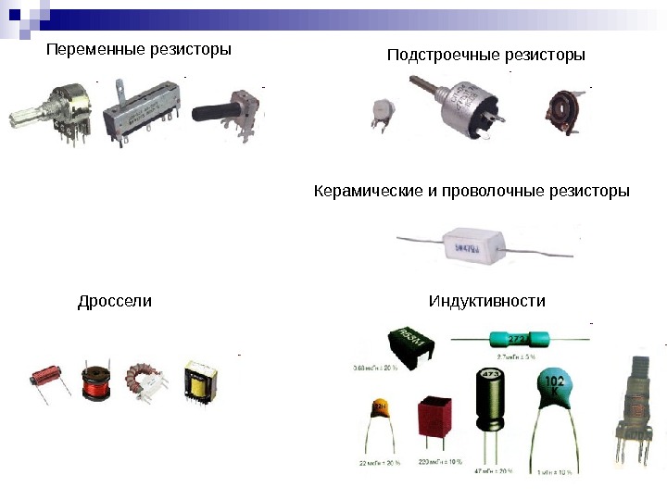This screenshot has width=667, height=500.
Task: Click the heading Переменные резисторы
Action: [x=139, y=48]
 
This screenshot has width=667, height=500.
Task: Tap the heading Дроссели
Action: [x=115, y=302]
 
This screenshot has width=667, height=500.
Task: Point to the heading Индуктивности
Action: [x=487, y=302]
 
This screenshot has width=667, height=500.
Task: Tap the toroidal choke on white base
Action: [x=147, y=381]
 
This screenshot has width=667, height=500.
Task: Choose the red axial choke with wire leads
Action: [x=46, y=378]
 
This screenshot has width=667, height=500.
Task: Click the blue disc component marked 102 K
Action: [x=556, y=393]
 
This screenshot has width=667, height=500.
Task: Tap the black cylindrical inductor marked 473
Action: [x=490, y=400]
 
